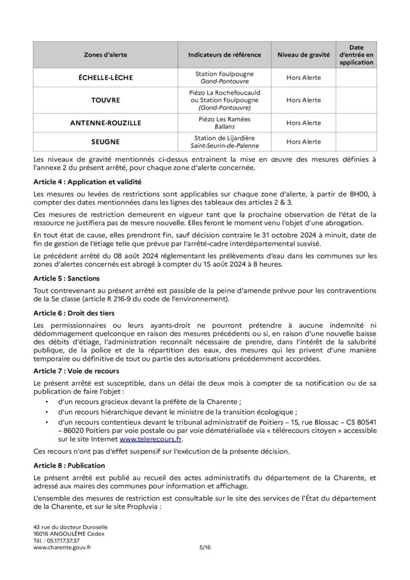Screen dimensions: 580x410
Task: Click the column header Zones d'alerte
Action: (105, 55)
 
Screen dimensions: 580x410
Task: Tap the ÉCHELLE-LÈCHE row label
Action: (105, 78)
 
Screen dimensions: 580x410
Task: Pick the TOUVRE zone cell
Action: (105, 100)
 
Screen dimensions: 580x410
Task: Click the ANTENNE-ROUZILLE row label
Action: (105, 122)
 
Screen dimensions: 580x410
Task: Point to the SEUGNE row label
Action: (105, 141)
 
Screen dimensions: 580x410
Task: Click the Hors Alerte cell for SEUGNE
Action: (303, 141)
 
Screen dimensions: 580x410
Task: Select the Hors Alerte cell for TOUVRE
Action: (303, 100)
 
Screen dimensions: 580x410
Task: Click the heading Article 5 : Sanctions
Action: (67, 278)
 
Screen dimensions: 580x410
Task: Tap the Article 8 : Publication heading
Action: (70, 465)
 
